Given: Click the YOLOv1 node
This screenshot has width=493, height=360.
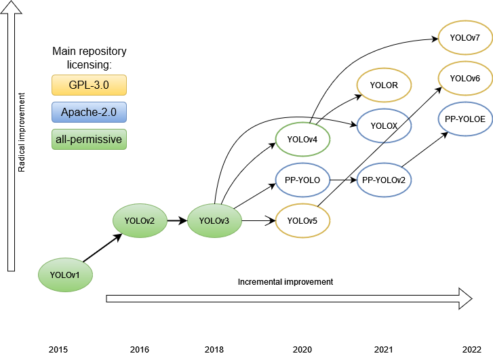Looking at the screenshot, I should [65, 275].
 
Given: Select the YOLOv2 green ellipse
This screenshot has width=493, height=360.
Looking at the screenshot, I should [140, 220].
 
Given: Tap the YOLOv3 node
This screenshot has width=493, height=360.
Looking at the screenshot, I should [214, 220].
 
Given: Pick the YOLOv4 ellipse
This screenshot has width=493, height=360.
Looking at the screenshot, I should [302, 140].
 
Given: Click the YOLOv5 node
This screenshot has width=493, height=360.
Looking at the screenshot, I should [302, 220].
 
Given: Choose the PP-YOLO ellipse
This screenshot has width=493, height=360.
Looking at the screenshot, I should [302, 180].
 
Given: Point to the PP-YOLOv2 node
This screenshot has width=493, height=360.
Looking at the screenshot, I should [384, 180].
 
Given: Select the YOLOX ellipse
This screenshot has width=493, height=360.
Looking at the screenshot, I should [384, 126].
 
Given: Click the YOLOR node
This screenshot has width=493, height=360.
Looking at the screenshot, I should [384, 85].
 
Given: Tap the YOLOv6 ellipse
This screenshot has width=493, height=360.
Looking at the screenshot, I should [465, 79].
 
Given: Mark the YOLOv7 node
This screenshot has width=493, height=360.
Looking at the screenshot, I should [465, 38].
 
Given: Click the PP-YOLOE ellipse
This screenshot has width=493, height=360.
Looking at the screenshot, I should [465, 119].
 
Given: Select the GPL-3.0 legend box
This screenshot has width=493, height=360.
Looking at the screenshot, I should [89, 85].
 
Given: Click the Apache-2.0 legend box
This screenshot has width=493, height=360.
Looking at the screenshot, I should [89, 113].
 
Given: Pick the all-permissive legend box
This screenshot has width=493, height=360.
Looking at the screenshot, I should [89, 140].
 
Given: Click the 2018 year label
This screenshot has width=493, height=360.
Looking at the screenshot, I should [214, 349].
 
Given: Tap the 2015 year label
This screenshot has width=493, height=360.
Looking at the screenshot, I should [58, 349].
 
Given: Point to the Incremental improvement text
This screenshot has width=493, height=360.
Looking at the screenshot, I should [285, 281].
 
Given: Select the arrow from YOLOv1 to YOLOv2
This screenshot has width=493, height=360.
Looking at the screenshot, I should [102, 248].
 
